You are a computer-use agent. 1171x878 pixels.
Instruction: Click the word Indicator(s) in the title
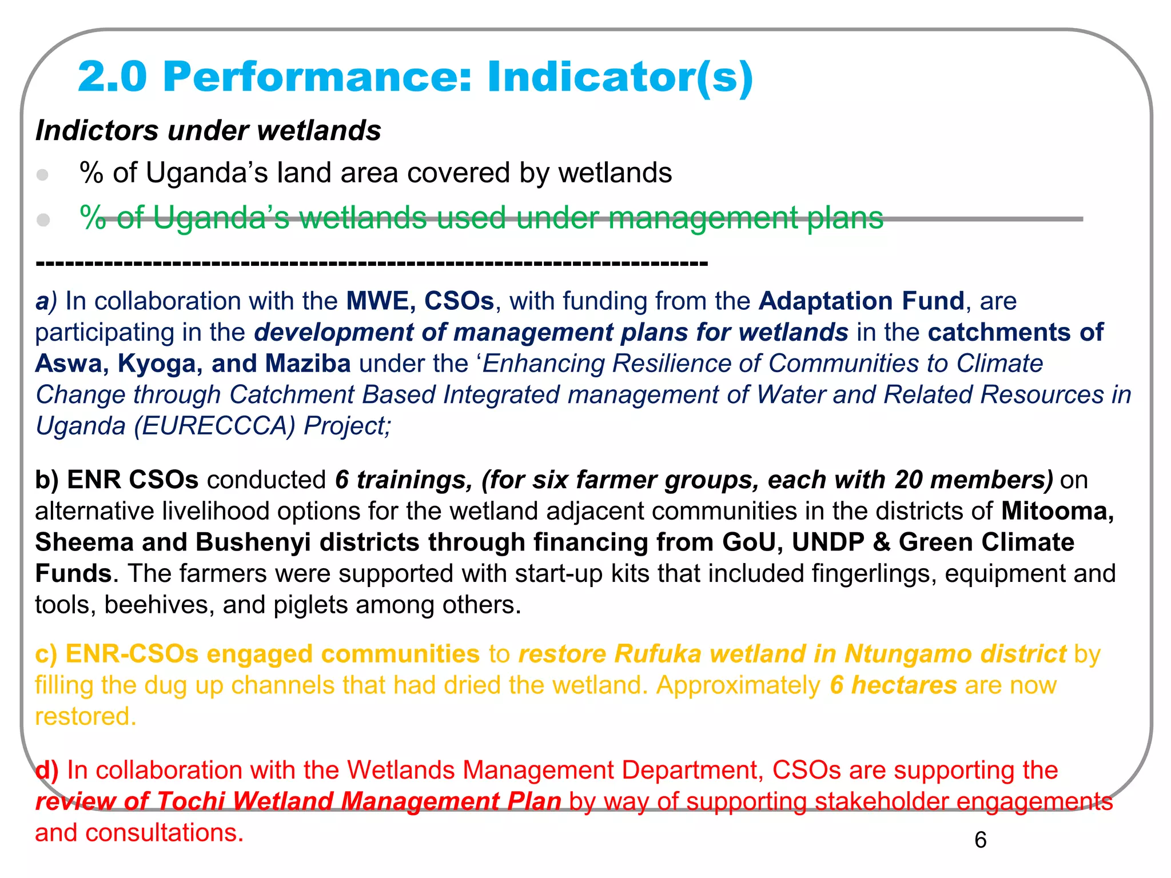tap(620, 77)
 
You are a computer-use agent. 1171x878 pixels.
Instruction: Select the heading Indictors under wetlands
tap(208, 130)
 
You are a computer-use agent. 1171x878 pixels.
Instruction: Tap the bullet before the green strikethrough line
tap(43, 219)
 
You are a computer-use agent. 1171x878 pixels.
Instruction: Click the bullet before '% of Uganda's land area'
tap(43, 174)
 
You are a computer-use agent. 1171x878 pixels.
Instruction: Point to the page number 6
tap(980, 840)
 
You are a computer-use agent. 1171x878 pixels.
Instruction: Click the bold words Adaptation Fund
tap(861, 301)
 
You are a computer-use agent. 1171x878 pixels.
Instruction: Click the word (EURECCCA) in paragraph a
tap(215, 426)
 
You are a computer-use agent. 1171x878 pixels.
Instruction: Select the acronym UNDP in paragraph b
tap(827, 542)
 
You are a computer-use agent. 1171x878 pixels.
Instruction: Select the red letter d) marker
tap(46, 771)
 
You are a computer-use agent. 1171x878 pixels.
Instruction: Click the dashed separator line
tap(372, 264)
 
